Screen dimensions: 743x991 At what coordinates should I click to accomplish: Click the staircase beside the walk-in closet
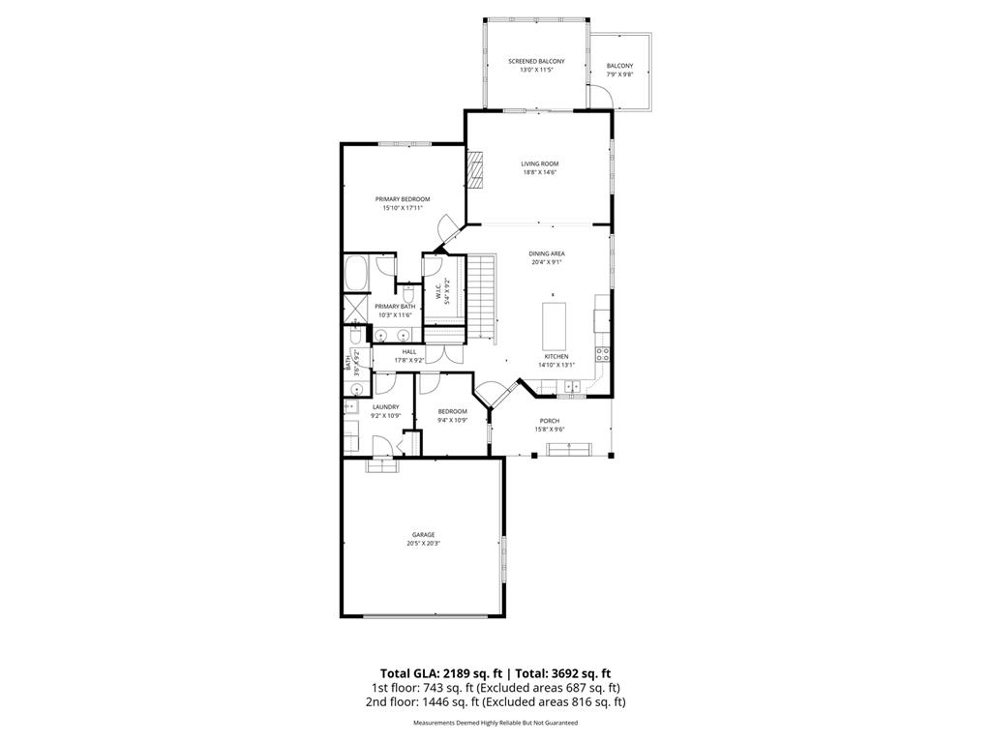(483, 295)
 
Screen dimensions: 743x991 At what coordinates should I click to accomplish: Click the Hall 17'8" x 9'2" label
(408, 356)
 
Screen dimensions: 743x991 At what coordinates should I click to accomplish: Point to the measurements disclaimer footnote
(495, 723)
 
